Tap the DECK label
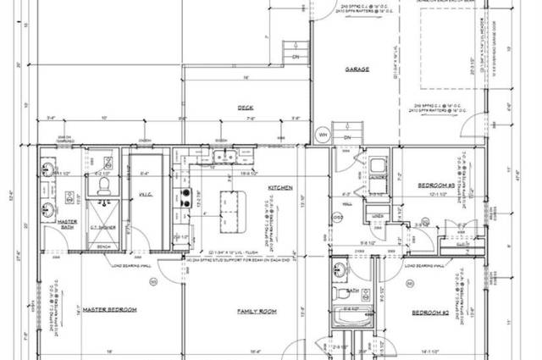point(246,108)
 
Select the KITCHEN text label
point(279,187)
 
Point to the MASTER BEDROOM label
point(109,309)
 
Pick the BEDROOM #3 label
point(437,185)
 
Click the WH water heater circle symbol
point(322,134)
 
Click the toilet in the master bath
point(102,184)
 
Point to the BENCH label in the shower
point(103,246)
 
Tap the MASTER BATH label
point(67,224)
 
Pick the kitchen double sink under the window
point(224,157)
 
